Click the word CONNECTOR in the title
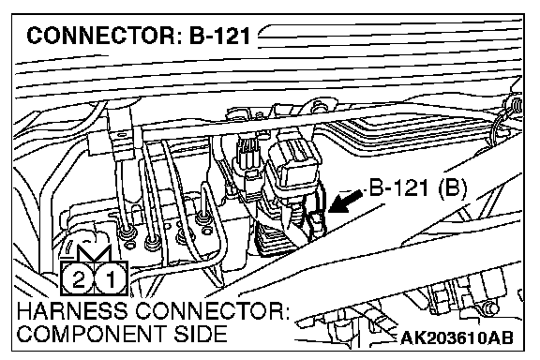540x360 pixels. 101,37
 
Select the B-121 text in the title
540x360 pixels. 219,37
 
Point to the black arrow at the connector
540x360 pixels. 345,202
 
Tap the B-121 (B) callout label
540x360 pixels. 418,189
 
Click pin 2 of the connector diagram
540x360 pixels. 78,279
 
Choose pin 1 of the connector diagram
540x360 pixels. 110,279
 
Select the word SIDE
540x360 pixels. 200,334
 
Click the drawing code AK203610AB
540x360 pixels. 457,337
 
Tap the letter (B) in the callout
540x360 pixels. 453,189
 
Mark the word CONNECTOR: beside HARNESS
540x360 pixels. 212,310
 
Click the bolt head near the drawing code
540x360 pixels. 489,308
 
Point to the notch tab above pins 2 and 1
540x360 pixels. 94,254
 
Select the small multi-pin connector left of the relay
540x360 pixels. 248,155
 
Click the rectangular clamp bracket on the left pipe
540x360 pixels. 111,144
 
